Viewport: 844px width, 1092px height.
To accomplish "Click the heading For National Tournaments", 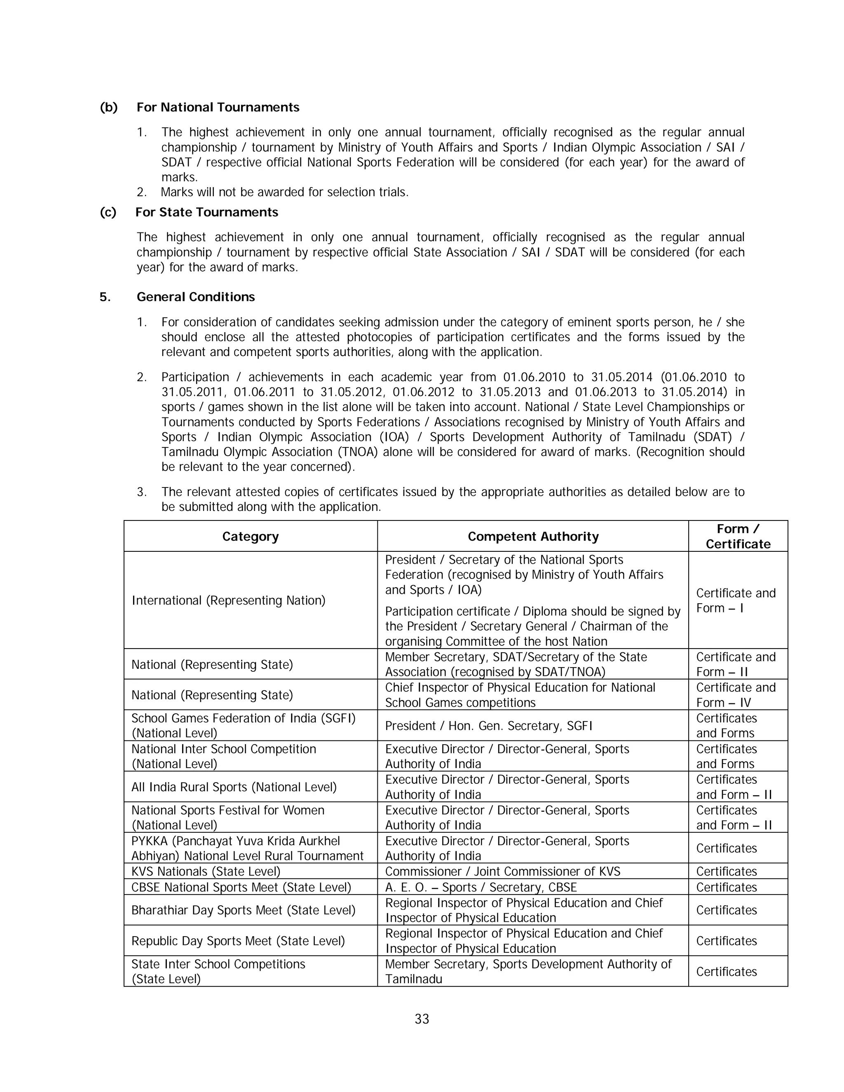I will click(x=218, y=108).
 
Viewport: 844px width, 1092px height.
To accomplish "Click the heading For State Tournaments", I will click(x=206, y=213).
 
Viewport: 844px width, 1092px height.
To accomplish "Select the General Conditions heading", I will click(x=195, y=297).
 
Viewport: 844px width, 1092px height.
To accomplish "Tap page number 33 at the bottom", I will click(x=422, y=1019).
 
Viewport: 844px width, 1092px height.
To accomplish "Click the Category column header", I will click(x=250, y=537).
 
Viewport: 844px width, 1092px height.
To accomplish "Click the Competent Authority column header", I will click(x=532, y=537).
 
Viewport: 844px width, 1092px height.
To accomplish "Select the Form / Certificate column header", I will click(x=738, y=537).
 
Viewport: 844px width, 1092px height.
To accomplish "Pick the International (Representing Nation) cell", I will click(x=228, y=600).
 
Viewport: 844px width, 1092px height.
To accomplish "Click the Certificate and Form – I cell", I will click(x=735, y=600).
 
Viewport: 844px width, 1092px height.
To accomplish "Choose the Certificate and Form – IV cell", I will click(x=735, y=695).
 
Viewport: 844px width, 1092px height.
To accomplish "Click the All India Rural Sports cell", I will click(x=234, y=787).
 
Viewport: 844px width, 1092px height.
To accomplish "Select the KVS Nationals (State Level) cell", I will click(x=206, y=872).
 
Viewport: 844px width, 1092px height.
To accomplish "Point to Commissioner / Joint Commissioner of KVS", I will click(x=502, y=872).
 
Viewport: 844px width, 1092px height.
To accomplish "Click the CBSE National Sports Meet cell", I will click(x=241, y=888).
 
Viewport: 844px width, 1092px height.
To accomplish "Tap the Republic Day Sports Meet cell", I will click(x=238, y=941).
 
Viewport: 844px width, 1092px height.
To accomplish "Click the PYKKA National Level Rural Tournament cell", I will click(x=247, y=848).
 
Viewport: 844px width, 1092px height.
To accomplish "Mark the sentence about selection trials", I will click(x=284, y=192).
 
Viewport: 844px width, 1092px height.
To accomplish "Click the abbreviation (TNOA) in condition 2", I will click(x=354, y=452).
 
